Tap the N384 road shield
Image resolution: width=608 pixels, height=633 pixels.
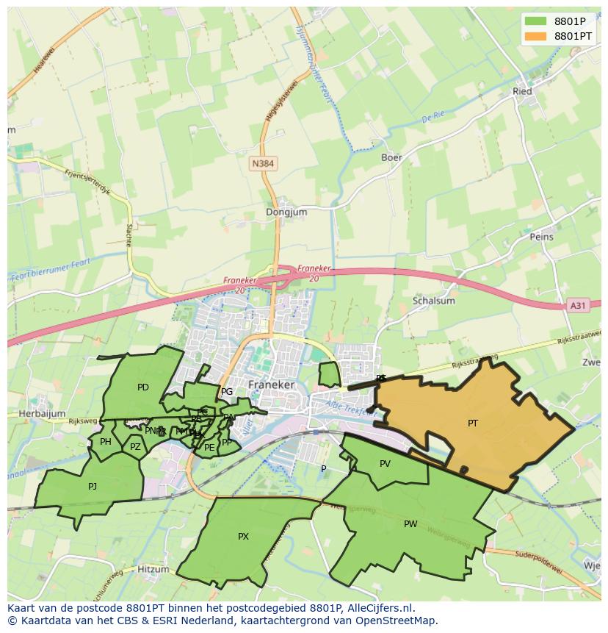pyautogui.click(x=264, y=164)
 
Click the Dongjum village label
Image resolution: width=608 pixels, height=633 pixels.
pyautogui.click(x=286, y=212)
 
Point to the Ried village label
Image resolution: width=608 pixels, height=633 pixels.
pyautogui.click(x=522, y=92)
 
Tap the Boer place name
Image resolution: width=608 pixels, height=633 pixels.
pyautogui.click(x=391, y=157)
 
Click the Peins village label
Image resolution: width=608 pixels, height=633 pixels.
pyautogui.click(x=541, y=237)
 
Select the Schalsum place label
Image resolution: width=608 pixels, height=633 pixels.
pyautogui.click(x=434, y=301)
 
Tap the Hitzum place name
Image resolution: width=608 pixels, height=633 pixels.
pyautogui.click(x=153, y=570)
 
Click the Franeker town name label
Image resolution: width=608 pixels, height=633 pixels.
pyautogui.click(x=271, y=385)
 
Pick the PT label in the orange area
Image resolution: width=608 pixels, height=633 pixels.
pyautogui.click(x=473, y=423)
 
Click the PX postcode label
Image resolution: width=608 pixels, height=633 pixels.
pyautogui.click(x=243, y=537)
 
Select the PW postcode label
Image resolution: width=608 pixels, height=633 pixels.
pyautogui.click(x=410, y=524)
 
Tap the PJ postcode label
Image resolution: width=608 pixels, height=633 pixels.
pyautogui.click(x=93, y=486)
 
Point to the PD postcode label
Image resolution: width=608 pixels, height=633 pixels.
pyautogui.click(x=142, y=387)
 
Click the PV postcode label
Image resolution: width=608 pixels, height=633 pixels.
pyautogui.click(x=385, y=464)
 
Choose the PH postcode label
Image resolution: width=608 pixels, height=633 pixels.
pyautogui.click(x=106, y=442)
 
